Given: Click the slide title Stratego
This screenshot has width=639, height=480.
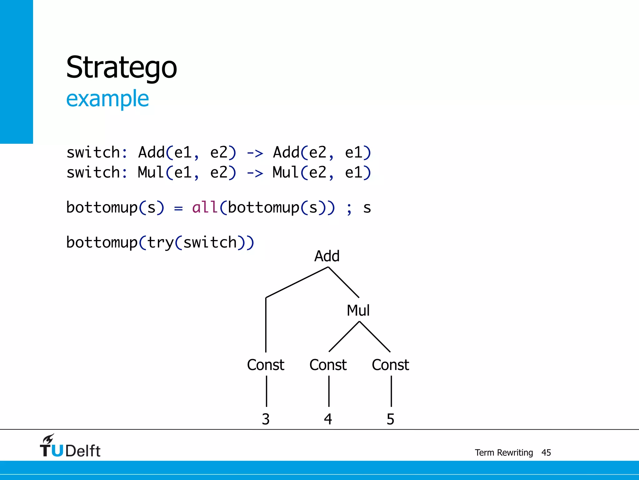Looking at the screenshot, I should (x=121, y=67).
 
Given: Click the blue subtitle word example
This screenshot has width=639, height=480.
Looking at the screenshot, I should (x=107, y=99).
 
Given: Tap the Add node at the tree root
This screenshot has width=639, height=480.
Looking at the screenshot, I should (x=327, y=256).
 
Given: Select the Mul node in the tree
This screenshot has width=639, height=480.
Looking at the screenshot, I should (x=358, y=311).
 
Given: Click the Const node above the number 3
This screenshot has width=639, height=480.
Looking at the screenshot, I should (x=266, y=365).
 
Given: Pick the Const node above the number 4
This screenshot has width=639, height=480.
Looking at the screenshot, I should (x=328, y=365).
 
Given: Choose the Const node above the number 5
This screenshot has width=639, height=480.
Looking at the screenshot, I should (x=390, y=365).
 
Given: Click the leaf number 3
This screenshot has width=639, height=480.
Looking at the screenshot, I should (x=266, y=419).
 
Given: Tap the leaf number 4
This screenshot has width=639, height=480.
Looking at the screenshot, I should (x=328, y=419).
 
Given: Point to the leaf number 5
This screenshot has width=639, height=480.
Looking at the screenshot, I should (x=390, y=419).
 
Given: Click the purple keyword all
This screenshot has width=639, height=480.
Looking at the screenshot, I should (x=205, y=207).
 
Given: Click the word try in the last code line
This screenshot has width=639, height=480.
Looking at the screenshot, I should (x=160, y=243).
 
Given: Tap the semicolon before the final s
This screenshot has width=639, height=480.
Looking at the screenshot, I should (x=349, y=209).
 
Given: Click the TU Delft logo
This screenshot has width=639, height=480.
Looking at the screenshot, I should (x=70, y=446).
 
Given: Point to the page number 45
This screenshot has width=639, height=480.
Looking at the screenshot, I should (x=546, y=452).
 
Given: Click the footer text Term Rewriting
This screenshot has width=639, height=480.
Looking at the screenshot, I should (x=504, y=452).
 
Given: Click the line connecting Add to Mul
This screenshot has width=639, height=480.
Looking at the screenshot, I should (x=344, y=282).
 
